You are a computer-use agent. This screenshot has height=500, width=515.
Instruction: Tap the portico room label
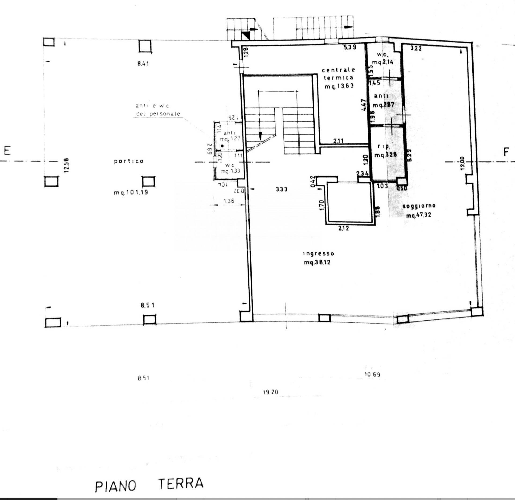[x=129, y=161]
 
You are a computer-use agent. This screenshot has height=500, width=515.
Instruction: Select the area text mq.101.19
[x=131, y=193]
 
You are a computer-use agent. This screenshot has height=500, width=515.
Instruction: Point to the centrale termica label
[x=339, y=74]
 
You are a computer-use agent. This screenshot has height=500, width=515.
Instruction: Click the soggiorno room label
[x=419, y=206]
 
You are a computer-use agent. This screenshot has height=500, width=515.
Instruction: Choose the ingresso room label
[x=318, y=253]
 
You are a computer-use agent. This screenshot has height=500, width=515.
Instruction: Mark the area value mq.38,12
[x=317, y=262]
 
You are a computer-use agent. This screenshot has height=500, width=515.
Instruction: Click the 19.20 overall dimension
[x=270, y=392]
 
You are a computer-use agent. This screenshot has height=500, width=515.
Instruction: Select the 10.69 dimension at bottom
[x=372, y=374]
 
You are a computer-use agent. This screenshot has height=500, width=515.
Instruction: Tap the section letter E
[x=7, y=151]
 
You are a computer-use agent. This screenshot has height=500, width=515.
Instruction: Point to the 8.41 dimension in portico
[x=143, y=64]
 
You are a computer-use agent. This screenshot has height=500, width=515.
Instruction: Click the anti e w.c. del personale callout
[x=158, y=110]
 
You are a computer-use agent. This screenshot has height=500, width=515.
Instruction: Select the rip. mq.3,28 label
[x=385, y=151]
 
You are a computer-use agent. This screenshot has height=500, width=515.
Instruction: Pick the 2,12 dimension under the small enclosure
[x=344, y=229]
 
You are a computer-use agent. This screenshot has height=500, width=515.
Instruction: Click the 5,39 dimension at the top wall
[x=350, y=47]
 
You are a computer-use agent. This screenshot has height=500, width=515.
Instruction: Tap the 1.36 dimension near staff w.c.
[x=229, y=201]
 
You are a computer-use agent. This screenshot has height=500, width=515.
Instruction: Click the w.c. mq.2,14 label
[x=383, y=58]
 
